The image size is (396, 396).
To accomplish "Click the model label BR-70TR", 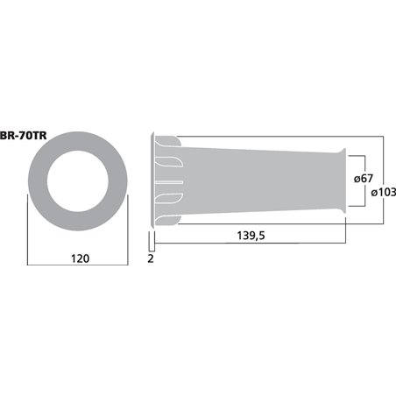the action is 23,136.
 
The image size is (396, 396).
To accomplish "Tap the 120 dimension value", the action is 80,258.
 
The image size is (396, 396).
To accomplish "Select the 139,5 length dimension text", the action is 251,236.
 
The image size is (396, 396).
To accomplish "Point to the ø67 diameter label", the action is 364,178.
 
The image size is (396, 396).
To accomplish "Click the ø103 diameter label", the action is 384,193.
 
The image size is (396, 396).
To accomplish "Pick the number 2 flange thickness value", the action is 151,258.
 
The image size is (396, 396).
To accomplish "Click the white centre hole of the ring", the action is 78,181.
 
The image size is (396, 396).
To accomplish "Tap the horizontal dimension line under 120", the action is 78,265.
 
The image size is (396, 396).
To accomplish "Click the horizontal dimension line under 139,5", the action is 250,243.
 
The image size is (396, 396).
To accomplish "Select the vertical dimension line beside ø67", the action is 365,181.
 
